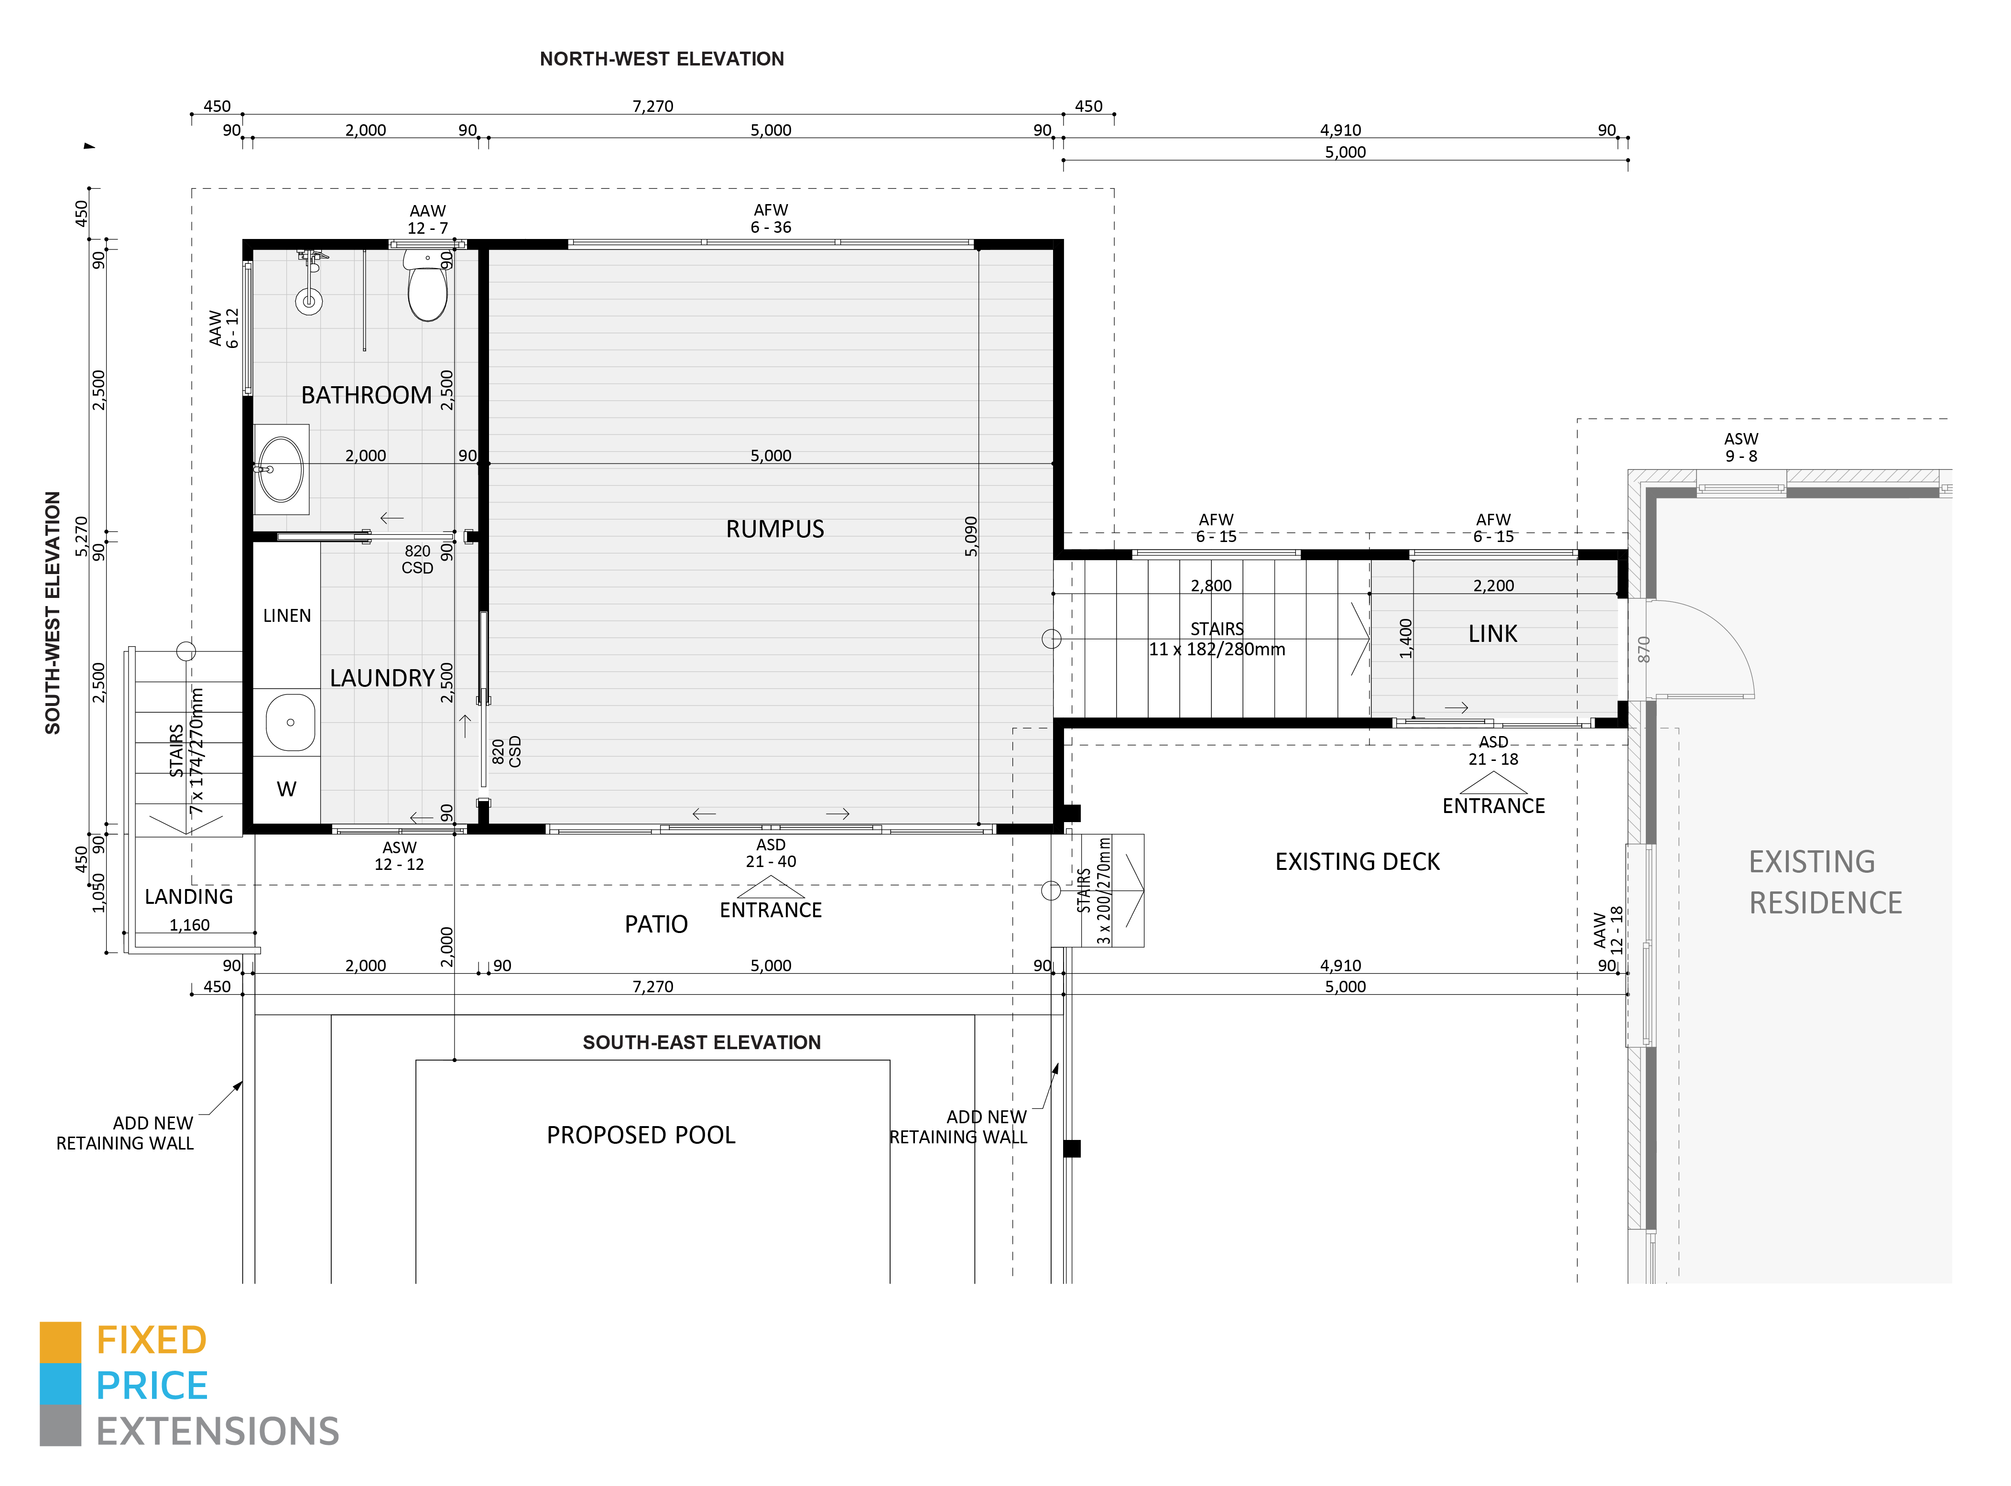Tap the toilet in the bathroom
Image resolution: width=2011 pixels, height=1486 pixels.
427,286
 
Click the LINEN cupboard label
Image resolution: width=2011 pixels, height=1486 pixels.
287,616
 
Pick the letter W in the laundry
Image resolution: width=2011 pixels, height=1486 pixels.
287,789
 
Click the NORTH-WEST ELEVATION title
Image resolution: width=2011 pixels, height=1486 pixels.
662,59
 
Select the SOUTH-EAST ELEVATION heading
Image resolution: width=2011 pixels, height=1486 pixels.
702,1042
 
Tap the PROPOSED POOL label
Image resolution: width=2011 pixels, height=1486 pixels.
641,1135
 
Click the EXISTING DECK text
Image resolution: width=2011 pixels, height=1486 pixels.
1357,862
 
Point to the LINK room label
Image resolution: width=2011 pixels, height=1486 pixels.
1493,634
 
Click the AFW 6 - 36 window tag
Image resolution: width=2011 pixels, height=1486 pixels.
771,218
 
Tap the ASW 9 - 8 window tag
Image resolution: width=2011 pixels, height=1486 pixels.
1741,447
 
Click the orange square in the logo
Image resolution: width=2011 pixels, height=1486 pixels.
60,1342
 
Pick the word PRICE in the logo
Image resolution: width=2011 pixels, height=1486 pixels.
152,1386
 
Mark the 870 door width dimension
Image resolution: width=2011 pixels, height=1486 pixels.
1644,650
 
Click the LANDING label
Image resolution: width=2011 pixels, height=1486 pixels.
189,897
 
